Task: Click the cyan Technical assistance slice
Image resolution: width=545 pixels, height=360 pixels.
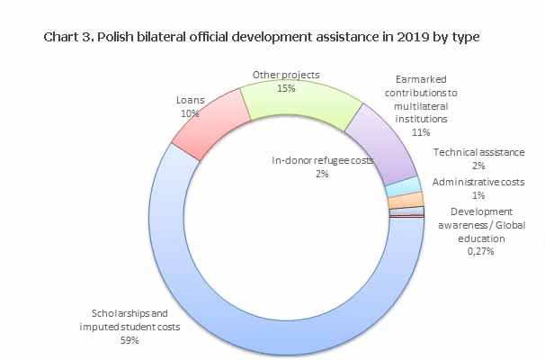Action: coord(403,186)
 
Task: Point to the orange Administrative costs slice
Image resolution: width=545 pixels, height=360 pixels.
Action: coord(406,201)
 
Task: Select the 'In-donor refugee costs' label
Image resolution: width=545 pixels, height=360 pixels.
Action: coord(322,160)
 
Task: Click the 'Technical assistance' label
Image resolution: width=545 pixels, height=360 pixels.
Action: coord(478,153)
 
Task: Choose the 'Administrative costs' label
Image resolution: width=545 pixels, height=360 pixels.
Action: coord(478,182)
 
